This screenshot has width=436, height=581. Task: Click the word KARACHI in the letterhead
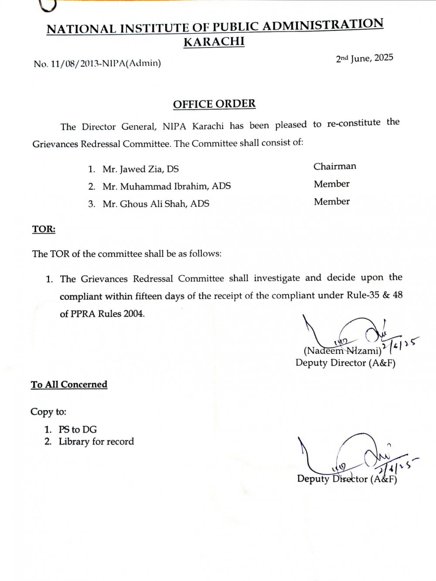click(214, 42)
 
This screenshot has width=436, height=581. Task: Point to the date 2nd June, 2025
click(364, 58)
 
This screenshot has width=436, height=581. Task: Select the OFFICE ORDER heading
click(214, 104)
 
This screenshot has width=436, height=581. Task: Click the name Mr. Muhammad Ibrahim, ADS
click(167, 187)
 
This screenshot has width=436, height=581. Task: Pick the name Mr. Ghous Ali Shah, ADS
click(156, 204)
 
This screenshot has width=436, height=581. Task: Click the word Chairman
click(334, 166)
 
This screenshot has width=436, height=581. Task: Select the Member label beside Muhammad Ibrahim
click(331, 184)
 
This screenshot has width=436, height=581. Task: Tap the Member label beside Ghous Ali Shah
click(331, 202)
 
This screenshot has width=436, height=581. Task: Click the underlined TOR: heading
click(44, 229)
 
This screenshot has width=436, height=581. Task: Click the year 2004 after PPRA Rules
click(133, 313)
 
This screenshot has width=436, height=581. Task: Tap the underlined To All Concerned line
click(69, 384)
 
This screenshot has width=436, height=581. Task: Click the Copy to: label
click(48, 412)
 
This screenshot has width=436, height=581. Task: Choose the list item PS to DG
click(78, 429)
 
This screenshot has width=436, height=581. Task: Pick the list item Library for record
click(96, 442)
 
